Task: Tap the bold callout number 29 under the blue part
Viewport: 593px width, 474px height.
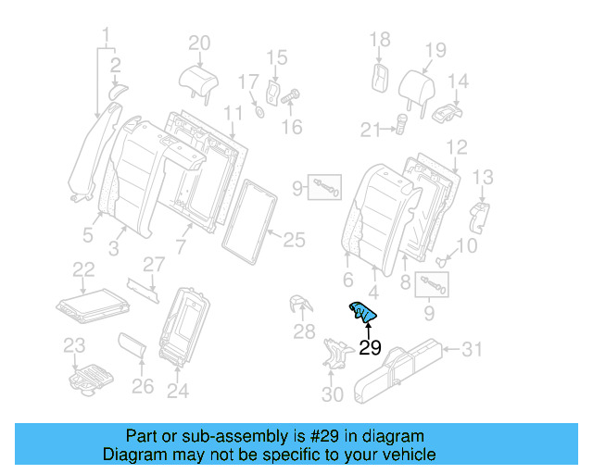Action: [370, 349]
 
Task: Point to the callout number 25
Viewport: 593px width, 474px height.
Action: [294, 241]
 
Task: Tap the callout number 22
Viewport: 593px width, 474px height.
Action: [83, 268]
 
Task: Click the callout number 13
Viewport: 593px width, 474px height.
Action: [483, 176]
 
